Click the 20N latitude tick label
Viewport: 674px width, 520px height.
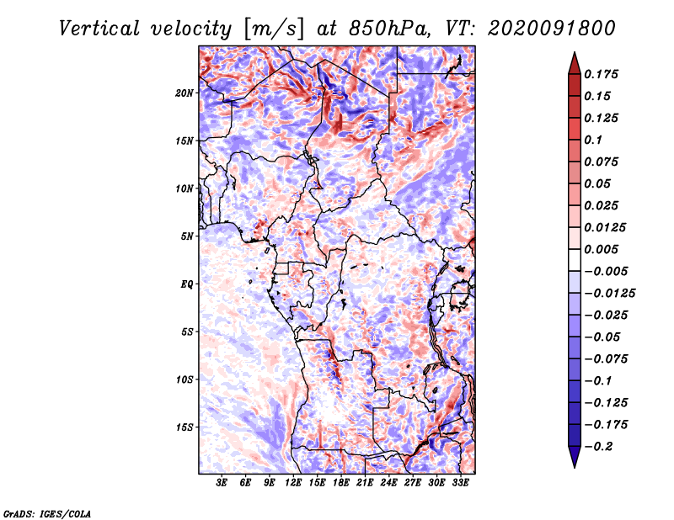pyautogui.click(x=185, y=93)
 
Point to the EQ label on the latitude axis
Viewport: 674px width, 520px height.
pyautogui.click(x=187, y=284)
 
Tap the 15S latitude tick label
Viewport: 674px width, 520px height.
pyautogui.click(x=185, y=427)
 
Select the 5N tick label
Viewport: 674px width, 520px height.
pyautogui.click(x=187, y=236)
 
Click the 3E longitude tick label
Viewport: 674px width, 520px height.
pyautogui.click(x=222, y=483)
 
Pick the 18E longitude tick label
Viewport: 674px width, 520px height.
pyautogui.click(x=341, y=483)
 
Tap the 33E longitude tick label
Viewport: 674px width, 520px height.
pyautogui.click(x=460, y=483)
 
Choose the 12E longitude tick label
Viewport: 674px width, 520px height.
pyautogui.click(x=293, y=483)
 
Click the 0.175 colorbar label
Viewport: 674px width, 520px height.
pyautogui.click(x=601, y=74)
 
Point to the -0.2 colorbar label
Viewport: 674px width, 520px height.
pyautogui.click(x=598, y=447)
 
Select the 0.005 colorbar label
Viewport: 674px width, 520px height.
pyautogui.click(x=601, y=249)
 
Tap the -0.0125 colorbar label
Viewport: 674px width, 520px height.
pyautogui.click(x=609, y=294)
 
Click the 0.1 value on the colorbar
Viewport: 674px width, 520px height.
pyautogui.click(x=593, y=140)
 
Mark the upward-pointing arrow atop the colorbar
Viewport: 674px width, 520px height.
pyautogui.click(x=575, y=63)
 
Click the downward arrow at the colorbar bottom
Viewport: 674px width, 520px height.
pyautogui.click(x=575, y=457)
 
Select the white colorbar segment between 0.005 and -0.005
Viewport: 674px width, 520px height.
pyautogui.click(x=575, y=260)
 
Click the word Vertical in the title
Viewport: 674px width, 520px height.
pyautogui.click(x=99, y=29)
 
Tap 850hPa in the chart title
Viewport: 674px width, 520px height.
pyautogui.click(x=389, y=29)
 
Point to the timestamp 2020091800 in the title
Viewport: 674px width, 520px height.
pyautogui.click(x=552, y=29)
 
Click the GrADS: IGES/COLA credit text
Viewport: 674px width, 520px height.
pyautogui.click(x=47, y=513)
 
